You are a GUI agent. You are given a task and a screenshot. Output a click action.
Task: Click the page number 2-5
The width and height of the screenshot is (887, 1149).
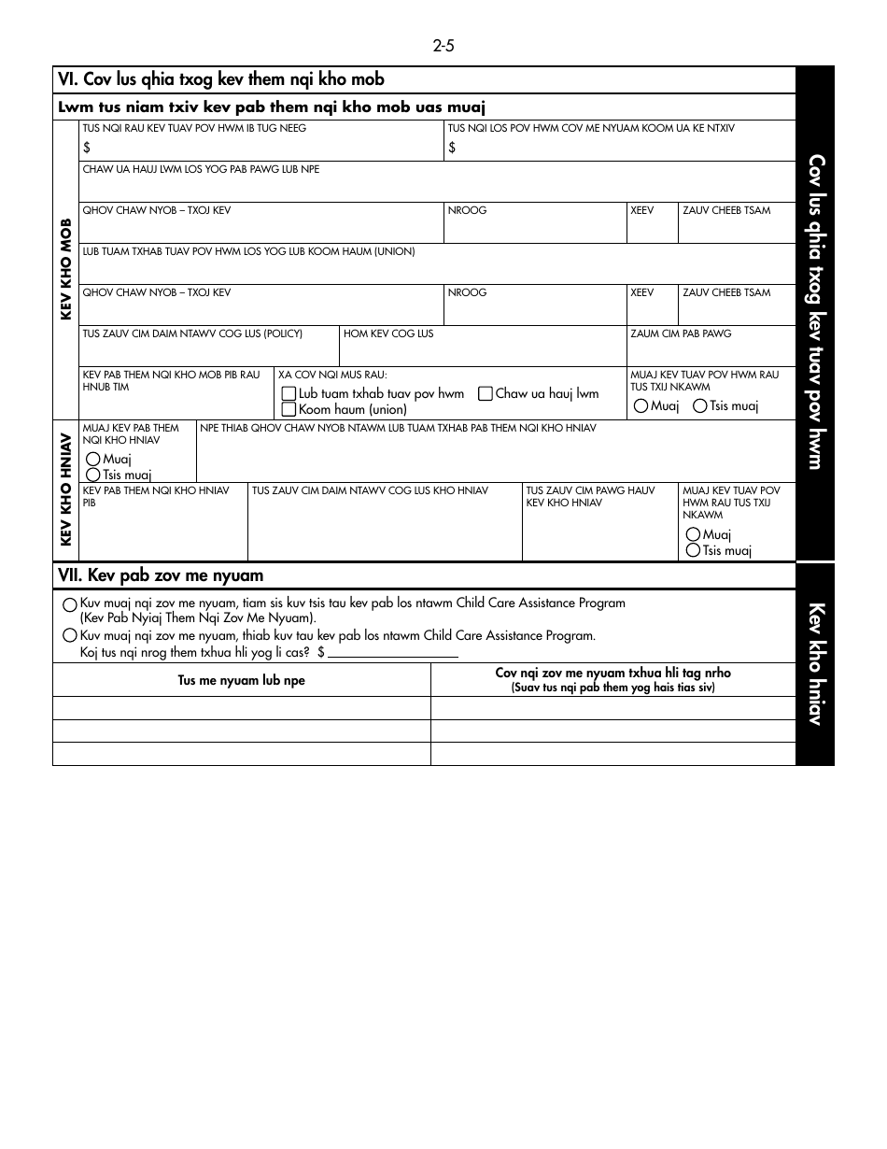[443, 46]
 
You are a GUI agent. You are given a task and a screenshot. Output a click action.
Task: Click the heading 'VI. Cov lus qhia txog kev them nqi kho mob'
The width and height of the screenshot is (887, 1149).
[220, 80]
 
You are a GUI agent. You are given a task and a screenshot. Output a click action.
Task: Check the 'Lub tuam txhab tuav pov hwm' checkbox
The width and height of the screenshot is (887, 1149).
[289, 394]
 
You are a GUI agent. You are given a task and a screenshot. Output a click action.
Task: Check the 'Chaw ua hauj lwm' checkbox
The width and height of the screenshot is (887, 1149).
[486, 394]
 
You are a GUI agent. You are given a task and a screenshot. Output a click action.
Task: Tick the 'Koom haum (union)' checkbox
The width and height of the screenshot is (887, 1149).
[289, 409]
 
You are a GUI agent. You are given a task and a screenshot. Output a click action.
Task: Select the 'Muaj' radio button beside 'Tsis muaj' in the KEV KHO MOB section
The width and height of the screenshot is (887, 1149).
[641, 406]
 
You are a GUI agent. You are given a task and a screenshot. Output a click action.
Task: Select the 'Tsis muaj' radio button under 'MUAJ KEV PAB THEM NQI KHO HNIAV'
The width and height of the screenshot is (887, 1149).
[92, 475]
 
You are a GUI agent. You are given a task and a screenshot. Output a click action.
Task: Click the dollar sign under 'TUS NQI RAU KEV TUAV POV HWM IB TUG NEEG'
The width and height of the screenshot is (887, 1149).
[87, 148]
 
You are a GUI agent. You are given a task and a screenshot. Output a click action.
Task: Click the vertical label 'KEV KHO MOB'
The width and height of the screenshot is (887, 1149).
[66, 270]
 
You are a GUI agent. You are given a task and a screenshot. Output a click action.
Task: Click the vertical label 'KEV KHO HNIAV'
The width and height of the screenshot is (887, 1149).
[66, 490]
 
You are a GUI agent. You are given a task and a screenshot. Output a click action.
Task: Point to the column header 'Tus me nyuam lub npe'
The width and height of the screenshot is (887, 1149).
[241, 681]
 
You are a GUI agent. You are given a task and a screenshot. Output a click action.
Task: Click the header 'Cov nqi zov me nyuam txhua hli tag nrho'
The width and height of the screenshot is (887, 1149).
[612, 674]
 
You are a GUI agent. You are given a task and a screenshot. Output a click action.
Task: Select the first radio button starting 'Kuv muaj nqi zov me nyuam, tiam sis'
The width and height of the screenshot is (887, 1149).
[70, 604]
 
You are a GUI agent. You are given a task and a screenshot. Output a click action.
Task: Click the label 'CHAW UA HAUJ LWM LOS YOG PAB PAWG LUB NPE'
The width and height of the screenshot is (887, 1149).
[201, 170]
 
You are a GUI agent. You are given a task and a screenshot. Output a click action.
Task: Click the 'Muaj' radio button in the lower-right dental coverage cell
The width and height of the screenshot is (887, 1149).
[693, 534]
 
